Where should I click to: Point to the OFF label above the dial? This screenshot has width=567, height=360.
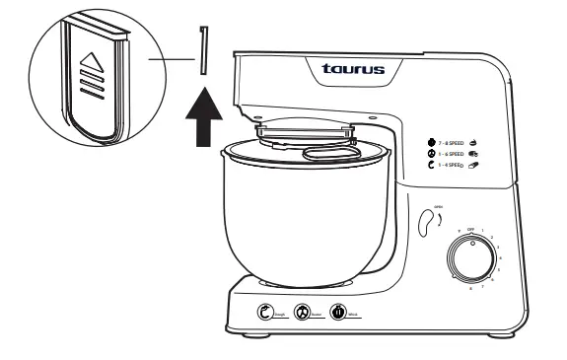click(458, 226)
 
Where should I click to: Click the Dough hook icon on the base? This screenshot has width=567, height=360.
click(266, 313)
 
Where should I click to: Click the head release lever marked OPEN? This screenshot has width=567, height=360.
click(426, 221)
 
